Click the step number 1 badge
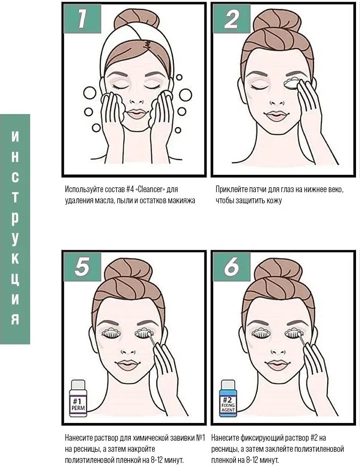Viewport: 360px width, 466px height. click(82, 19)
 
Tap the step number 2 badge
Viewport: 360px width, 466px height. click(231, 19)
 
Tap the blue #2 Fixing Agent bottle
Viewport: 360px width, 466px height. click(228, 398)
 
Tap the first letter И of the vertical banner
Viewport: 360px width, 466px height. click(15, 137)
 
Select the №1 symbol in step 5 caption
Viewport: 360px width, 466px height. click(201, 438)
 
